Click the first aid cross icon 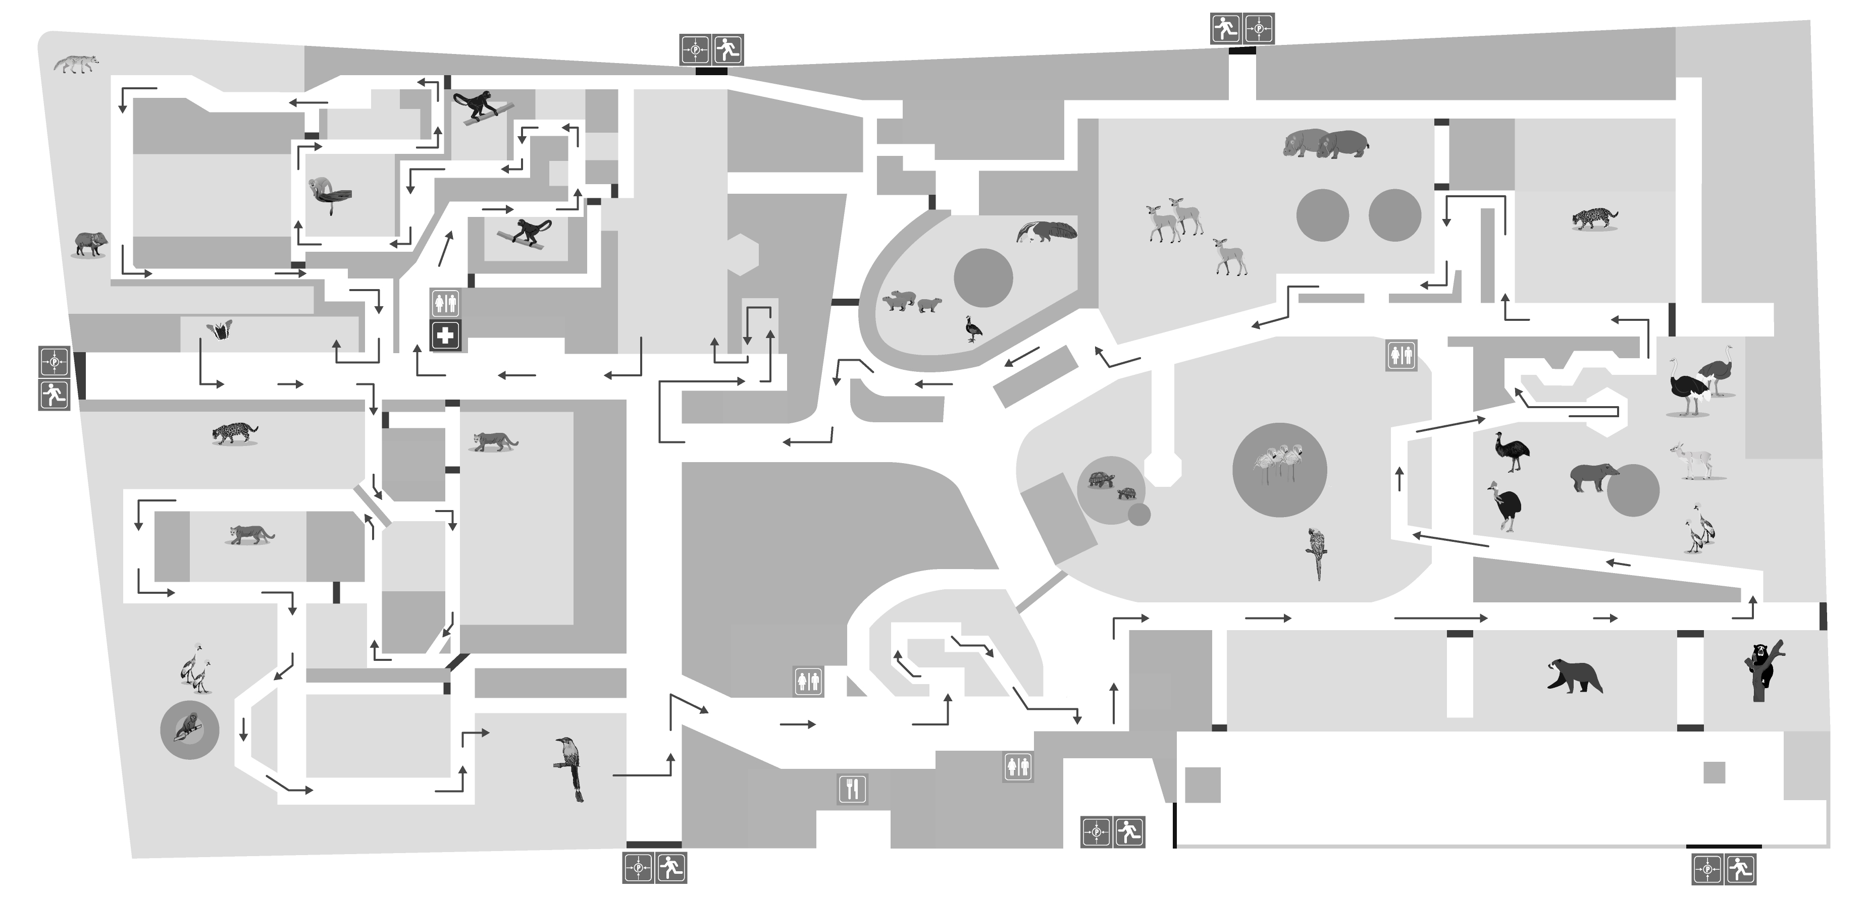[445, 335]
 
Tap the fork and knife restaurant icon [852, 789]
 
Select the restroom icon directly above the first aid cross [445, 303]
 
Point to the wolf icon [76, 64]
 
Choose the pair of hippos [1325, 143]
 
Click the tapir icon [1594, 477]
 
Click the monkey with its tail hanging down [329, 195]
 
